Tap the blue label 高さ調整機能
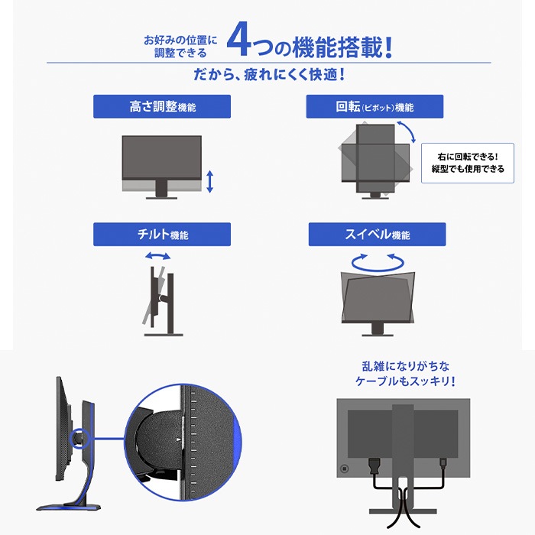pos(162,106)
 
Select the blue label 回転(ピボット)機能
pos(374,106)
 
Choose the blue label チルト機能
pos(162,235)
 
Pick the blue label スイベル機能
pos(377,235)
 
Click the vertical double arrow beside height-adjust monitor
pos(210,182)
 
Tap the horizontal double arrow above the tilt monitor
pos(158,256)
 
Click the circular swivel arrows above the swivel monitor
pos(378,262)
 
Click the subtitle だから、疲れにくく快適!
pos(269,75)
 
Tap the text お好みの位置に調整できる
pos(180,47)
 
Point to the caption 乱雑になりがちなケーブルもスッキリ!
pos(405,374)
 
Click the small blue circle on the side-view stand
pos(79,438)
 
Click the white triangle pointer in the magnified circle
pos(179,439)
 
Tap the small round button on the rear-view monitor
pos(344,469)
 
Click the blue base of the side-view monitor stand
pos(68,507)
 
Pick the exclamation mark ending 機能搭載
pos(388,47)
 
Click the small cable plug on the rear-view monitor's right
pos(443,464)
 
